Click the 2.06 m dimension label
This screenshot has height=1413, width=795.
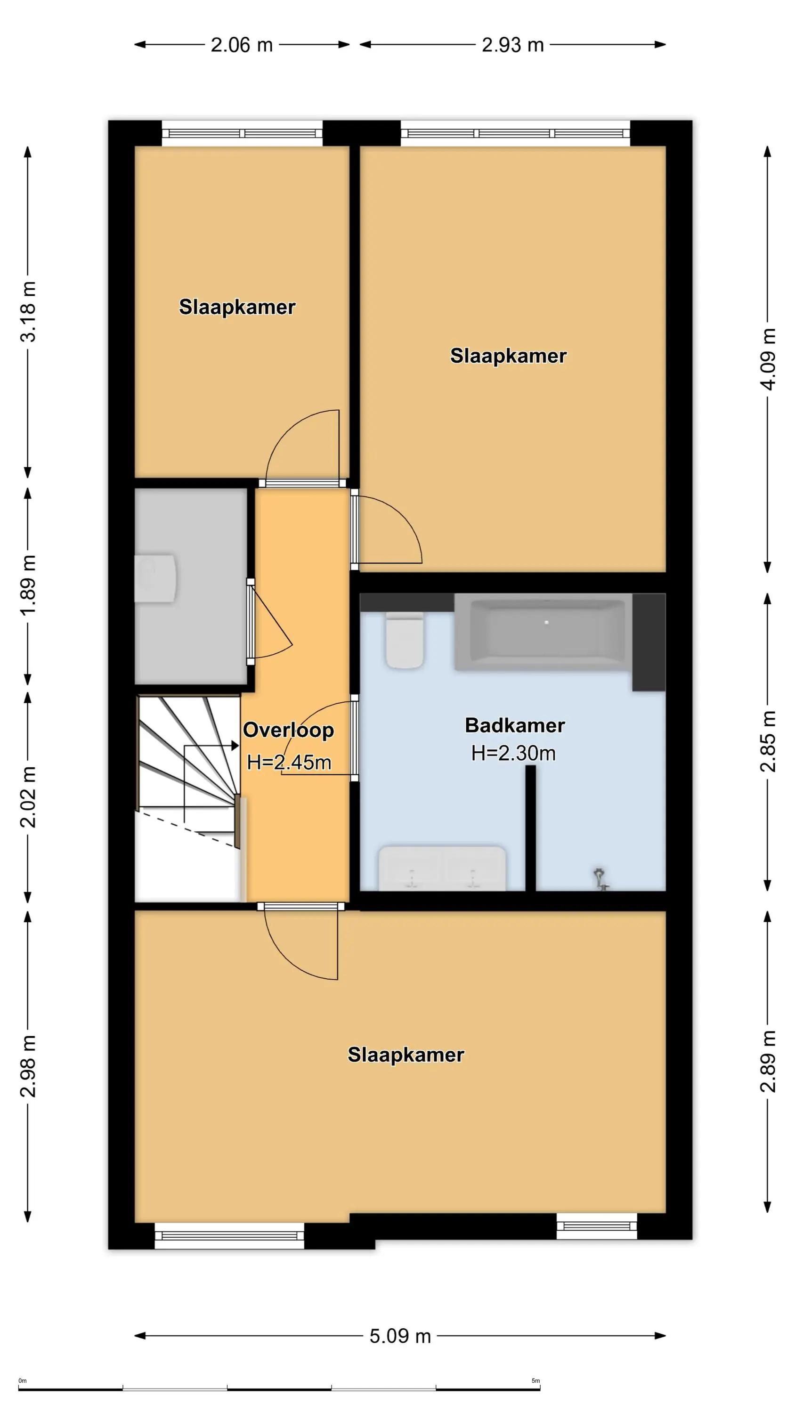242,45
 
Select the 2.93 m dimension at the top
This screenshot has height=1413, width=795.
512,45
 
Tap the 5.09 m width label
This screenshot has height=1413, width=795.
400,1336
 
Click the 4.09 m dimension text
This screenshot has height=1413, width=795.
768,359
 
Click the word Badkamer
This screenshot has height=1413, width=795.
515,725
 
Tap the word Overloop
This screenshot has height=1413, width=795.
289,730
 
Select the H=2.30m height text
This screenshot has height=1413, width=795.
513,753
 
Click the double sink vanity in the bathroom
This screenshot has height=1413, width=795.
442,868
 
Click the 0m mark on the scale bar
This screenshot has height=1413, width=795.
23,1381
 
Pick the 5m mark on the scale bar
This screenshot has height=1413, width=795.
535,1381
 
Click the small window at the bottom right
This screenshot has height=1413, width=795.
597,1226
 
